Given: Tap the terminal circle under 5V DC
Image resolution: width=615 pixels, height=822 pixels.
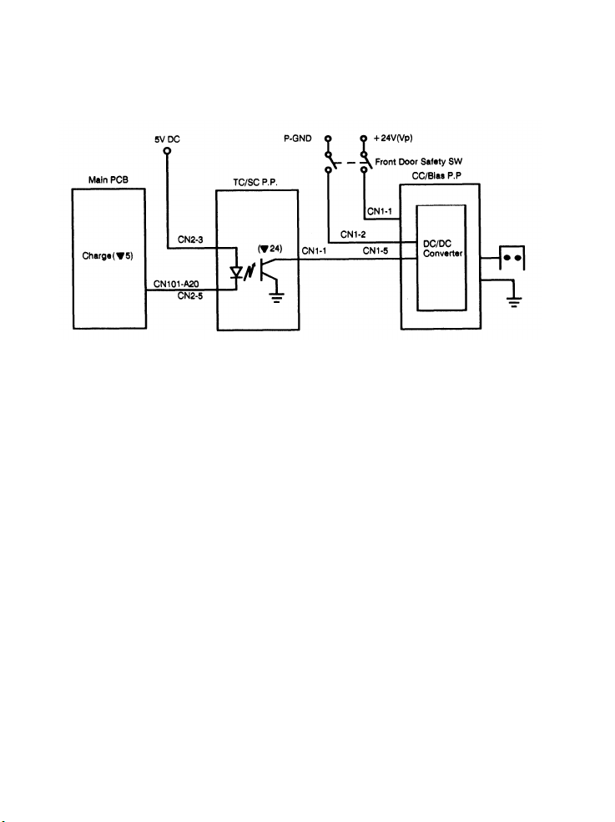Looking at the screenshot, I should [166, 151].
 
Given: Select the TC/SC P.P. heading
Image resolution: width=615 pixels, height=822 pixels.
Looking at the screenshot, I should [255, 180].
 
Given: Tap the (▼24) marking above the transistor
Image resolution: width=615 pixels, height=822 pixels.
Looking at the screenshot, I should [272, 248].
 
